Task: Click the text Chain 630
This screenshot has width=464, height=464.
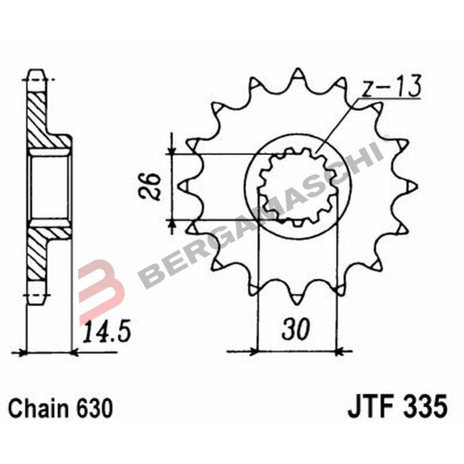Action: [x=60, y=408]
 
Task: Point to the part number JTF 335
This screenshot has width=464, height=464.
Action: [x=397, y=408]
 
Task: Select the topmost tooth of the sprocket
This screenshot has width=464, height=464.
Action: [x=298, y=75]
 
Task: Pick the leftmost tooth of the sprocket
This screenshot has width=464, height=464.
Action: [x=184, y=186]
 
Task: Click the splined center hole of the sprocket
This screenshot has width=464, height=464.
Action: [x=296, y=186]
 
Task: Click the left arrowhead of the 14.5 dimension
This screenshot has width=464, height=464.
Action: [x=24, y=351]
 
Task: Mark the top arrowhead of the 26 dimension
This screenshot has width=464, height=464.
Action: [x=172, y=149]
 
